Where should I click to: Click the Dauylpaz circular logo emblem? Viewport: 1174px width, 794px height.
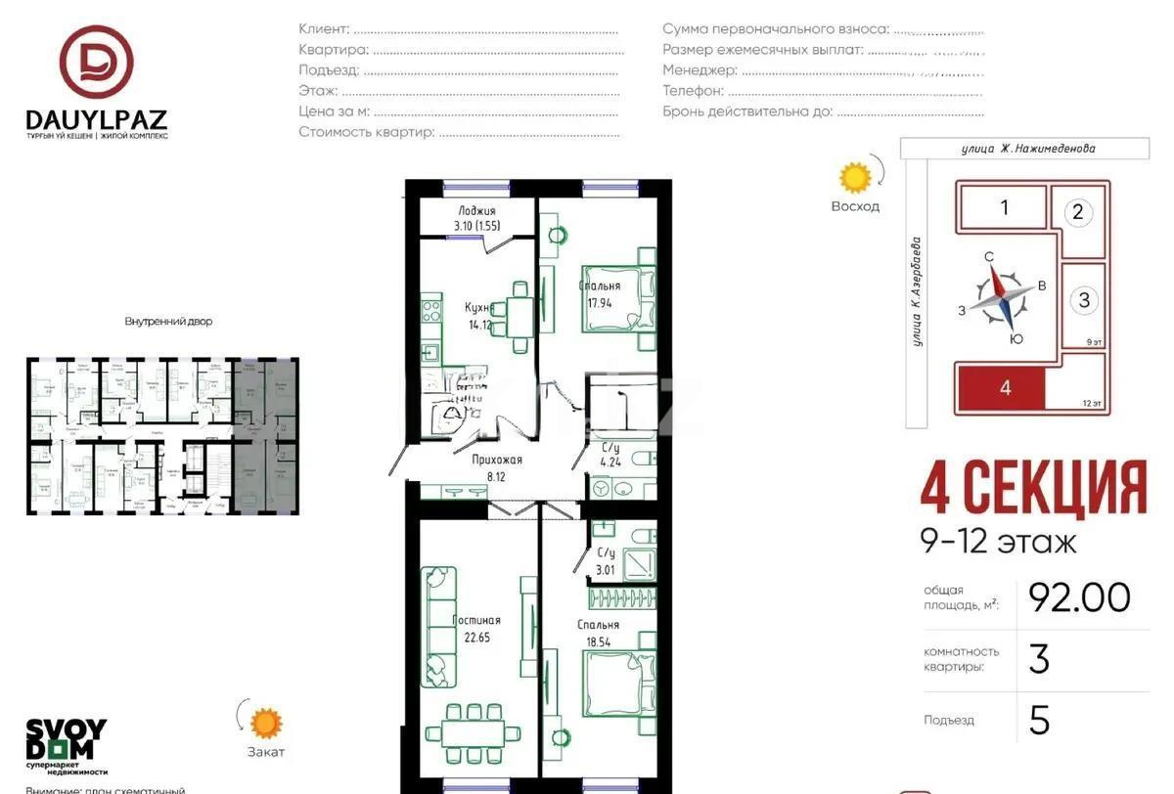tap(96, 62)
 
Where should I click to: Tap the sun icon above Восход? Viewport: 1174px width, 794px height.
tap(855, 178)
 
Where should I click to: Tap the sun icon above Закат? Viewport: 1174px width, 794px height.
tap(265, 724)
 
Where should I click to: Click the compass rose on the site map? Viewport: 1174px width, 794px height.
tap(1003, 298)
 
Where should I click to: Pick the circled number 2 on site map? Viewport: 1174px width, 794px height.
tap(1078, 212)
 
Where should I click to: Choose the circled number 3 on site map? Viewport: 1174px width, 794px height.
tap(1084, 300)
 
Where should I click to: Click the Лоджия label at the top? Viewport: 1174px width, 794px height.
tap(476, 211)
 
